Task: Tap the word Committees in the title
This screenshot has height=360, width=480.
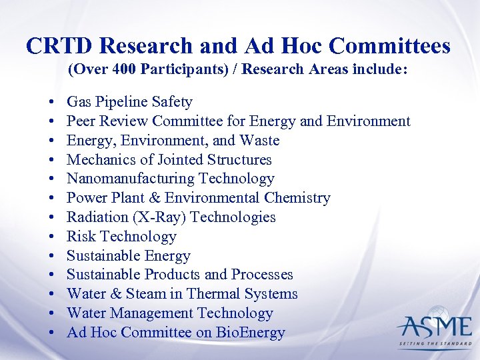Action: (x=390, y=46)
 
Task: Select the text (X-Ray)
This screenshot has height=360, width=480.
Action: (x=153, y=217)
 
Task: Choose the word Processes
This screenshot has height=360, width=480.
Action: (x=262, y=275)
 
